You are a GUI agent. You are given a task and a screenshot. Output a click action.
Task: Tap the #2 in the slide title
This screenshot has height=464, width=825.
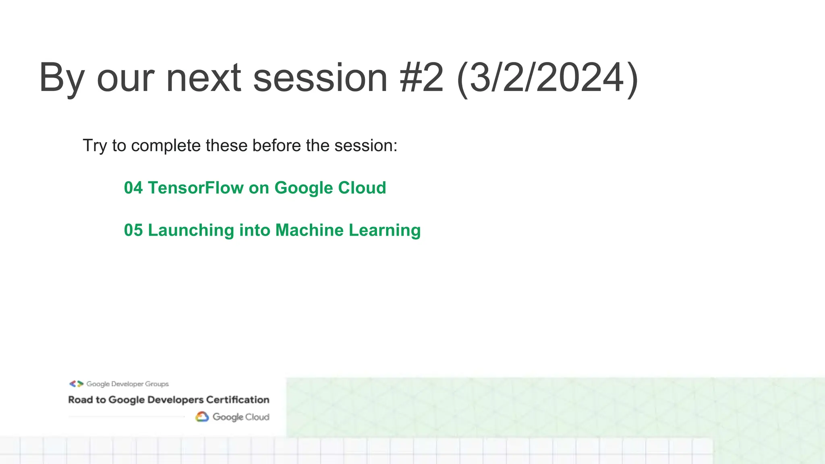point(422,78)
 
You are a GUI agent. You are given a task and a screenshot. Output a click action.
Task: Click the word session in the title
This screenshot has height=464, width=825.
point(320,78)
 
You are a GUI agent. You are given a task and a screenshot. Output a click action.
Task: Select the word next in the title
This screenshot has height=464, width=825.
point(203,78)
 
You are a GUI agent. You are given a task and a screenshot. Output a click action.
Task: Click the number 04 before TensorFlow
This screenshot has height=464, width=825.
point(133,188)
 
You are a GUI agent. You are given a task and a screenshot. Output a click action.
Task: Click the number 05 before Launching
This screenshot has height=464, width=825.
point(133,230)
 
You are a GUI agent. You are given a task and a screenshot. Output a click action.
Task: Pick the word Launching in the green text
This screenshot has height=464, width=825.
point(191,230)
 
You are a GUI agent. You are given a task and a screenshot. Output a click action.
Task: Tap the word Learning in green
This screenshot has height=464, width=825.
point(385,230)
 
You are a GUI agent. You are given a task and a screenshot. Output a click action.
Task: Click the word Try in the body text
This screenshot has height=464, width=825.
point(95,146)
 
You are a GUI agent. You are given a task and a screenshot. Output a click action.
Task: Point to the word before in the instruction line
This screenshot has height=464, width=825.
point(276,145)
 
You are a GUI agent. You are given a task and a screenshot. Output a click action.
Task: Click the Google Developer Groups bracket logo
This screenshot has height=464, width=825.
point(76,384)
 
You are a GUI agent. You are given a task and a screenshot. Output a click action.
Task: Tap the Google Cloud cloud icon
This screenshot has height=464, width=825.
point(202,417)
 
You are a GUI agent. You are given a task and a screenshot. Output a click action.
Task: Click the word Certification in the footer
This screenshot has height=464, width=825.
point(238,400)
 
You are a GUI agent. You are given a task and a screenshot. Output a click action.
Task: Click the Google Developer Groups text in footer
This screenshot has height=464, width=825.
point(127,384)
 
